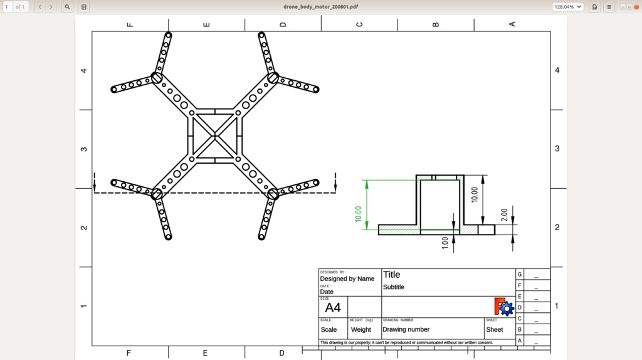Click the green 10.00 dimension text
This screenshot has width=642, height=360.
tap(359, 213)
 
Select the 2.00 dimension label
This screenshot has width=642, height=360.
tap(505, 214)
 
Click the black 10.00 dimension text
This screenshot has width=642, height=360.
tap(475, 194)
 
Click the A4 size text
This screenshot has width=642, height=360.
tap(333, 308)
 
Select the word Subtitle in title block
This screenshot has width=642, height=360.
tap(394, 287)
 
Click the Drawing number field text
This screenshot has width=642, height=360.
tap(406, 329)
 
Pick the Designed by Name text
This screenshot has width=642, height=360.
tap(347, 278)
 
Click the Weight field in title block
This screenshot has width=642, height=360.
tap(361, 329)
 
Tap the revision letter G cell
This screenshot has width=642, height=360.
tap(520, 274)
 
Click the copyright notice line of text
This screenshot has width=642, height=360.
tap(406, 342)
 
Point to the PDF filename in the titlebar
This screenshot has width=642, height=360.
tap(320, 6)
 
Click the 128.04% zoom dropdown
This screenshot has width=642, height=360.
tap(567, 6)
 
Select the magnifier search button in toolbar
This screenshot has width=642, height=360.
tap(68, 6)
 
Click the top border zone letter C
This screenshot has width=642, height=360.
tap(359, 24)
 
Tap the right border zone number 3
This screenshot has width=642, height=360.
tap(557, 149)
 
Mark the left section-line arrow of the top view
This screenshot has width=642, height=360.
tap(95, 183)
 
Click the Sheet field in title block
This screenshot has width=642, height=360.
tap(495, 329)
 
